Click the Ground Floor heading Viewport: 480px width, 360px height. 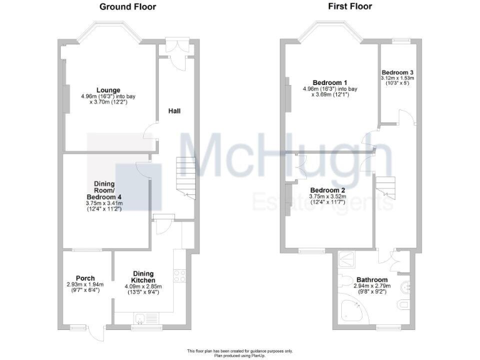[x=127, y=7]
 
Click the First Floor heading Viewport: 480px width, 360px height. [x=349, y=7]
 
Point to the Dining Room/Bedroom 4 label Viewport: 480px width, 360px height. [x=104, y=188]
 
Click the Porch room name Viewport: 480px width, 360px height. [x=85, y=278]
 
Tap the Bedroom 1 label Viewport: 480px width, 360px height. [x=329, y=83]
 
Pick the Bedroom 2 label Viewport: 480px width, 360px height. [x=327, y=190]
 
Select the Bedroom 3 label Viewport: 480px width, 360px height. [x=398, y=73]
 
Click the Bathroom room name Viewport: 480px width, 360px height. [x=372, y=280]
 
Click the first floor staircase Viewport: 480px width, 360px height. [x=385, y=188]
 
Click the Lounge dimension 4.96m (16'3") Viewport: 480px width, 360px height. [x=101, y=96]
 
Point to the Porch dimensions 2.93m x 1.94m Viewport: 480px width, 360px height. [x=85, y=284]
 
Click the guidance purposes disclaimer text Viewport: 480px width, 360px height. [x=240, y=351]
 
